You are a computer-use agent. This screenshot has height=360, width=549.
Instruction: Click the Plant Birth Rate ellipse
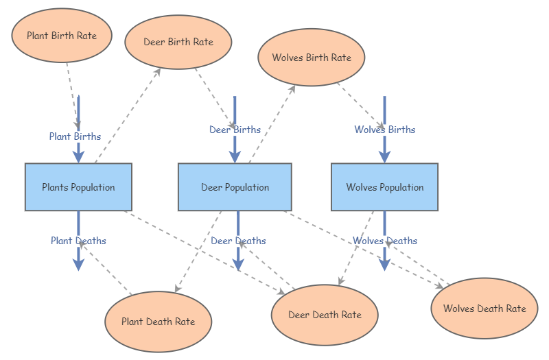click(62, 36)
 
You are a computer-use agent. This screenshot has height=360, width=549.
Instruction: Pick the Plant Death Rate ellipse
click(158, 321)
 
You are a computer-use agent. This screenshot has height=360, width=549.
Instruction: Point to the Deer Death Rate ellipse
click(325, 315)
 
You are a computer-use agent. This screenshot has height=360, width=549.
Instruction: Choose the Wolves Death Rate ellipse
click(484, 308)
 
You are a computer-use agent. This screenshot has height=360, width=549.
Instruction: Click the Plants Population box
click(78, 187)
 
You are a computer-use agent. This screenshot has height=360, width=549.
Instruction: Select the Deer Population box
click(235, 187)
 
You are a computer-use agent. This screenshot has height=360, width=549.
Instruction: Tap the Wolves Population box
click(384, 187)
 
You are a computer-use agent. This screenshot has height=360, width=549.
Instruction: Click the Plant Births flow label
click(75, 136)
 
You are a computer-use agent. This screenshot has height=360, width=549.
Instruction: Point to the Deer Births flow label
click(235, 130)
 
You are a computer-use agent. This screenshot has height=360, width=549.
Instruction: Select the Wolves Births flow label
click(384, 130)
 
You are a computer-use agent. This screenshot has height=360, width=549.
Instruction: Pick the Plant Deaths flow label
click(78, 241)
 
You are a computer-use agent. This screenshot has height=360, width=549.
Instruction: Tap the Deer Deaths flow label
click(238, 241)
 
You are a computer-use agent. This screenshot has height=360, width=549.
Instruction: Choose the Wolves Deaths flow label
click(385, 241)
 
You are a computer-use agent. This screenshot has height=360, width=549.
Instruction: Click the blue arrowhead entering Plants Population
click(78, 156)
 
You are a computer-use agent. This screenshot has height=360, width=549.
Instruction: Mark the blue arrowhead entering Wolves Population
click(384, 156)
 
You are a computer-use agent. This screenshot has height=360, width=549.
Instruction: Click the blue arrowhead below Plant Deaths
click(78, 264)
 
